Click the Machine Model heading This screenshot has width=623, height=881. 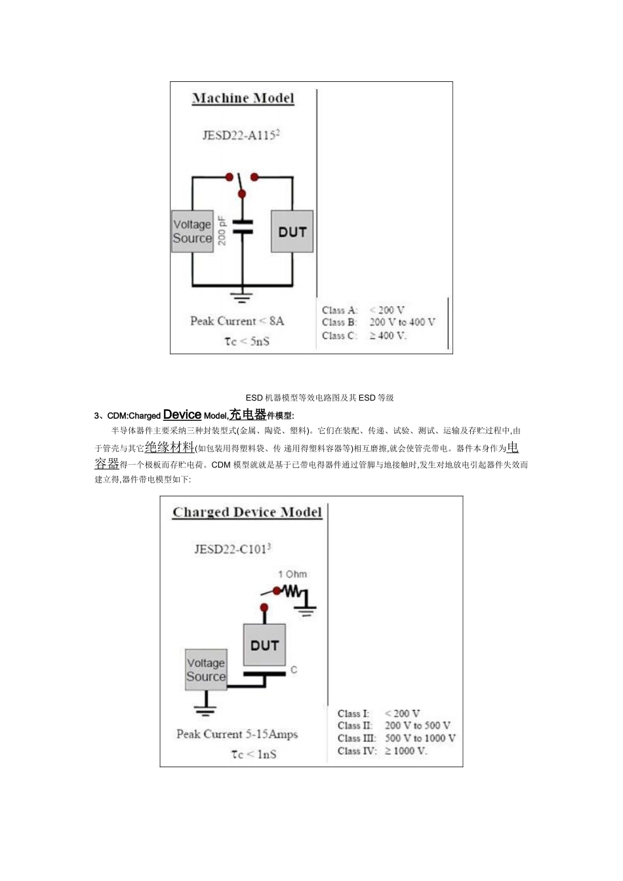click(x=243, y=98)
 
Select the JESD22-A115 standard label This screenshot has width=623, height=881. click(x=241, y=135)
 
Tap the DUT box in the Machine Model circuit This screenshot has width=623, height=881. click(x=292, y=231)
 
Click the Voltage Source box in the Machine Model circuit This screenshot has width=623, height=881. click(x=192, y=231)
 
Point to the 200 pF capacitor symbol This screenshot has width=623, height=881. click(x=242, y=227)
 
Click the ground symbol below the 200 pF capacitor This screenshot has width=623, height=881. click(x=242, y=297)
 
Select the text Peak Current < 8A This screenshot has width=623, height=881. click(x=237, y=321)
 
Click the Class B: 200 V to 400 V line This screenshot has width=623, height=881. click(x=378, y=323)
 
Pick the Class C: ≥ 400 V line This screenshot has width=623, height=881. click(x=365, y=336)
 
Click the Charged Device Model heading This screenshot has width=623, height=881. click(x=247, y=513)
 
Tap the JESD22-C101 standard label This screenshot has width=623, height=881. click(x=232, y=549)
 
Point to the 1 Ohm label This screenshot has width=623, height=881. click(x=292, y=574)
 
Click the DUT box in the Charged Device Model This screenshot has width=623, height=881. click(x=264, y=645)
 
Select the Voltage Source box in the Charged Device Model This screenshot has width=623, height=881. click(x=206, y=669)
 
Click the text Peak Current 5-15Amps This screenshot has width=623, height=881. click(x=237, y=734)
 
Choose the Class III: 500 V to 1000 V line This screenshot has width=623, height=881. click(x=396, y=738)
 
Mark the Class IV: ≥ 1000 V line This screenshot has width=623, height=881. click(x=382, y=751)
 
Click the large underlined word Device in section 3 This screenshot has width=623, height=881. click(x=182, y=414)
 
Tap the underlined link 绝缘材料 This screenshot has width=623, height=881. click(x=169, y=447)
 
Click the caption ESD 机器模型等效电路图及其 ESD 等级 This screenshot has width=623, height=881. click(x=319, y=398)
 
